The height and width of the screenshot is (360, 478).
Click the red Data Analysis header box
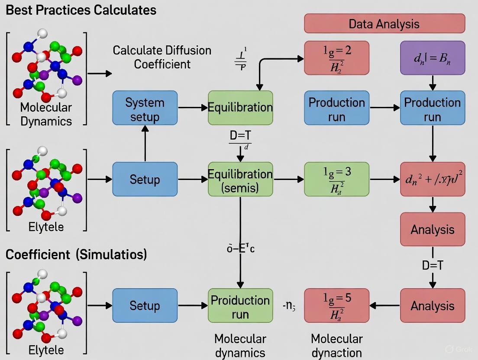pos(384,23)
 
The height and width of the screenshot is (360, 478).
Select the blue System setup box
pos(145,108)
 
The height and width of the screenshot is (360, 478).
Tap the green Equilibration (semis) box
pos(240,179)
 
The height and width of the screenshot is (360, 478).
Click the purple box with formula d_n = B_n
pos(433,58)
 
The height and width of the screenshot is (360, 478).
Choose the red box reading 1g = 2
pos(337,58)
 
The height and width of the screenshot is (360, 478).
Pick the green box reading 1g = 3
pos(337,179)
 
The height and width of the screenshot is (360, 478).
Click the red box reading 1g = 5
pos(337,305)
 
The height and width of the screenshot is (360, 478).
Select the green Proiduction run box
pos(240,306)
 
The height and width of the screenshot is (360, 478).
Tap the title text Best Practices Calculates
pos(81,10)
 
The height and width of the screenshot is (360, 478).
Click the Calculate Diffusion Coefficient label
pos(162,57)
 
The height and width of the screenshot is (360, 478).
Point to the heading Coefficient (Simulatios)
pos(76,254)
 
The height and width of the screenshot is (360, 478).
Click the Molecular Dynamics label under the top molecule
pos(46,114)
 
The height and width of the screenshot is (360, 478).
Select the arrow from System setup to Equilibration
pos(193,108)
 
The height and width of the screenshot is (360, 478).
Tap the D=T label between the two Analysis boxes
pos(433,265)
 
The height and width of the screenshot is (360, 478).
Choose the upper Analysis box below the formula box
pos(433,229)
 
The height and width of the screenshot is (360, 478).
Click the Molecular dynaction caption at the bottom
pos(337,345)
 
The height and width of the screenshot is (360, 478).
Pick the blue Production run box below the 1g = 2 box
pos(337,108)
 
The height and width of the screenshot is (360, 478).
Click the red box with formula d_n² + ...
pos(433,179)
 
